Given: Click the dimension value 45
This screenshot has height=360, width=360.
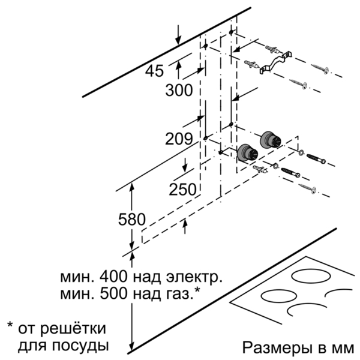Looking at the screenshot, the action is (x=155, y=71).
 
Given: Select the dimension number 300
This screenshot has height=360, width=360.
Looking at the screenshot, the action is (x=179, y=90).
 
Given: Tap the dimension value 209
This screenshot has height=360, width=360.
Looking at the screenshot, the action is (x=179, y=139).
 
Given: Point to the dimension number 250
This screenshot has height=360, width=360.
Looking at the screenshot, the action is (x=183, y=190).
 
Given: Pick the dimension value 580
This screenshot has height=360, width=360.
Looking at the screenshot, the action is (x=132, y=219).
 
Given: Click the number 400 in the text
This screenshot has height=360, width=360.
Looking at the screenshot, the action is (x=113, y=277).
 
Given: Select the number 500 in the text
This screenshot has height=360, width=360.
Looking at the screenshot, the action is (x=113, y=293).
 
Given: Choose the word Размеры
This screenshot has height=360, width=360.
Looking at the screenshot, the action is (x=273, y=348).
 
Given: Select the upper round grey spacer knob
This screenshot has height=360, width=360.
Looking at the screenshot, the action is (x=270, y=139).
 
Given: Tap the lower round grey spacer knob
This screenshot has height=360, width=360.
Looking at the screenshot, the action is (x=247, y=152).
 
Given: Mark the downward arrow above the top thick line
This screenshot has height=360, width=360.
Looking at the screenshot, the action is (x=178, y=34).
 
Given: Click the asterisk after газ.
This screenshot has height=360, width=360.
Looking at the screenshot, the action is (x=197, y=290).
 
